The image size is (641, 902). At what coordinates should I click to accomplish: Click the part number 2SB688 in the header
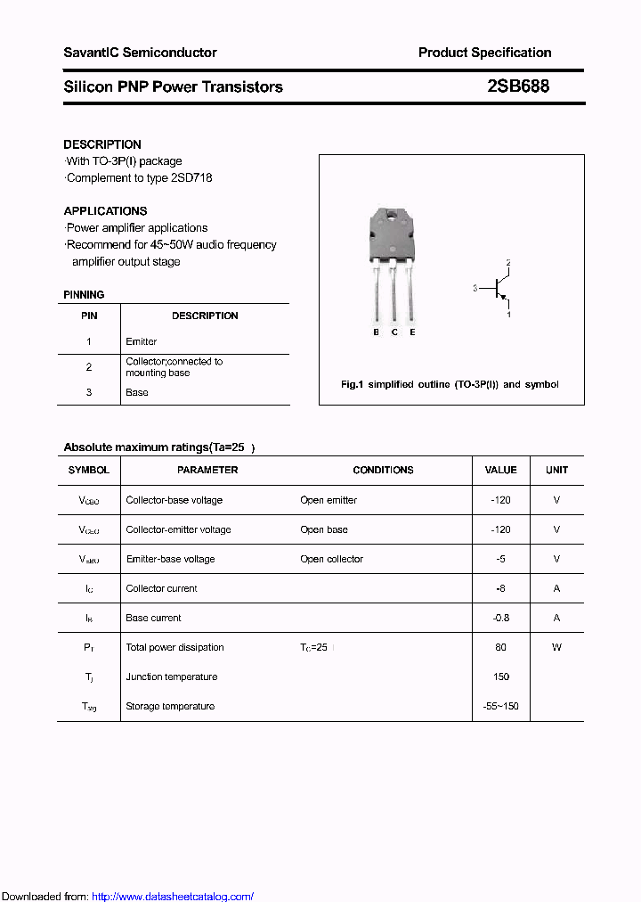pyautogui.click(x=518, y=86)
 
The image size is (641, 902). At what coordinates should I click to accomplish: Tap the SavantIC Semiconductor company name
pyautogui.click(x=140, y=53)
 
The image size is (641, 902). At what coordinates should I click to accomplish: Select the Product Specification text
pyautogui.click(x=484, y=53)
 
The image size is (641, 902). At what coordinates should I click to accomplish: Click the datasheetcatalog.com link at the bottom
pyautogui.click(x=173, y=897)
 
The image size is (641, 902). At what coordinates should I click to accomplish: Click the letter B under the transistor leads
pyautogui.click(x=376, y=332)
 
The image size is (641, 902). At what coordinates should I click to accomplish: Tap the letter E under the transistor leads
pyautogui.click(x=412, y=332)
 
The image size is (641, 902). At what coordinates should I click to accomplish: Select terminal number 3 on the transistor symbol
pyautogui.click(x=476, y=288)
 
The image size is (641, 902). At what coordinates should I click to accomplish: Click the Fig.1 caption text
pyautogui.click(x=450, y=384)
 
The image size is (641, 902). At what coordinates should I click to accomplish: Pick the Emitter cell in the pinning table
pyautogui.click(x=142, y=341)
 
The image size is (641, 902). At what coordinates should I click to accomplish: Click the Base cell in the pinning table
pyautogui.click(x=137, y=392)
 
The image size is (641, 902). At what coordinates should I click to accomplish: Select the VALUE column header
pyautogui.click(x=500, y=470)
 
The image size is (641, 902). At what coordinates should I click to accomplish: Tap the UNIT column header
pyautogui.click(x=556, y=470)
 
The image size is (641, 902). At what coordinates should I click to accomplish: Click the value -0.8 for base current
pyautogui.click(x=500, y=618)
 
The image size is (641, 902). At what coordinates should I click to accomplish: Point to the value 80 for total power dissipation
pyautogui.click(x=500, y=647)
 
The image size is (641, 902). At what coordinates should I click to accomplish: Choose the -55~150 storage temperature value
pyautogui.click(x=500, y=706)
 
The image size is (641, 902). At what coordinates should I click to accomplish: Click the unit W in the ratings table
pyautogui.click(x=556, y=647)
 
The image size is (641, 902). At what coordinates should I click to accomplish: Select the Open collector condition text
pyautogui.click(x=331, y=559)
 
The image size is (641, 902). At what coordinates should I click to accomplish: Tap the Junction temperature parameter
pyautogui.click(x=171, y=676)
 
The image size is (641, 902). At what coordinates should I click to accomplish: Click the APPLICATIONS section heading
pyautogui.click(x=105, y=211)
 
